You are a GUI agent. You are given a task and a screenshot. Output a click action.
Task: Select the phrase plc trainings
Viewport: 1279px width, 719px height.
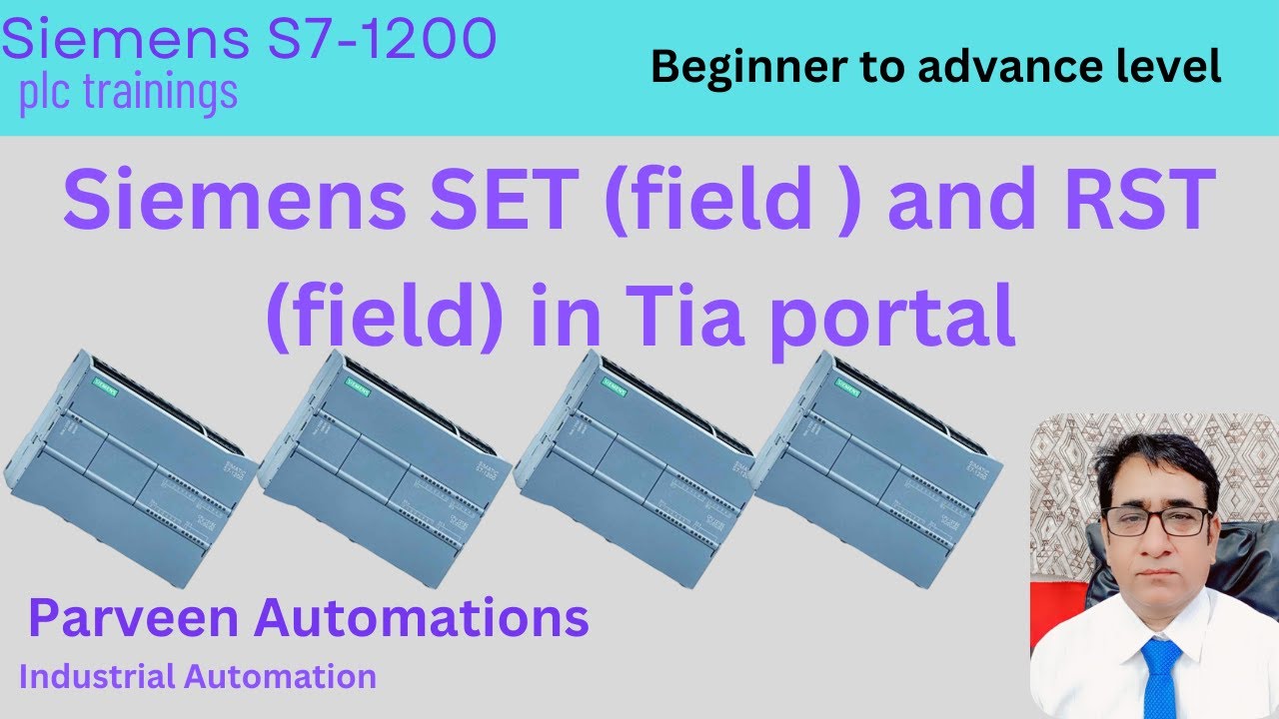(129, 92)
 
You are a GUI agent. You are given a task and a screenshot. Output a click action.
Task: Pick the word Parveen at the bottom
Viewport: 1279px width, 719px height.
(134, 618)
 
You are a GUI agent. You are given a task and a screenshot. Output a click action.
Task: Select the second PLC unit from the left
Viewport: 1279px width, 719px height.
(385, 464)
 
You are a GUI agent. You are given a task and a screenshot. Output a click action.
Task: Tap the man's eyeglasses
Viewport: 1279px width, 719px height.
(1157, 520)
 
